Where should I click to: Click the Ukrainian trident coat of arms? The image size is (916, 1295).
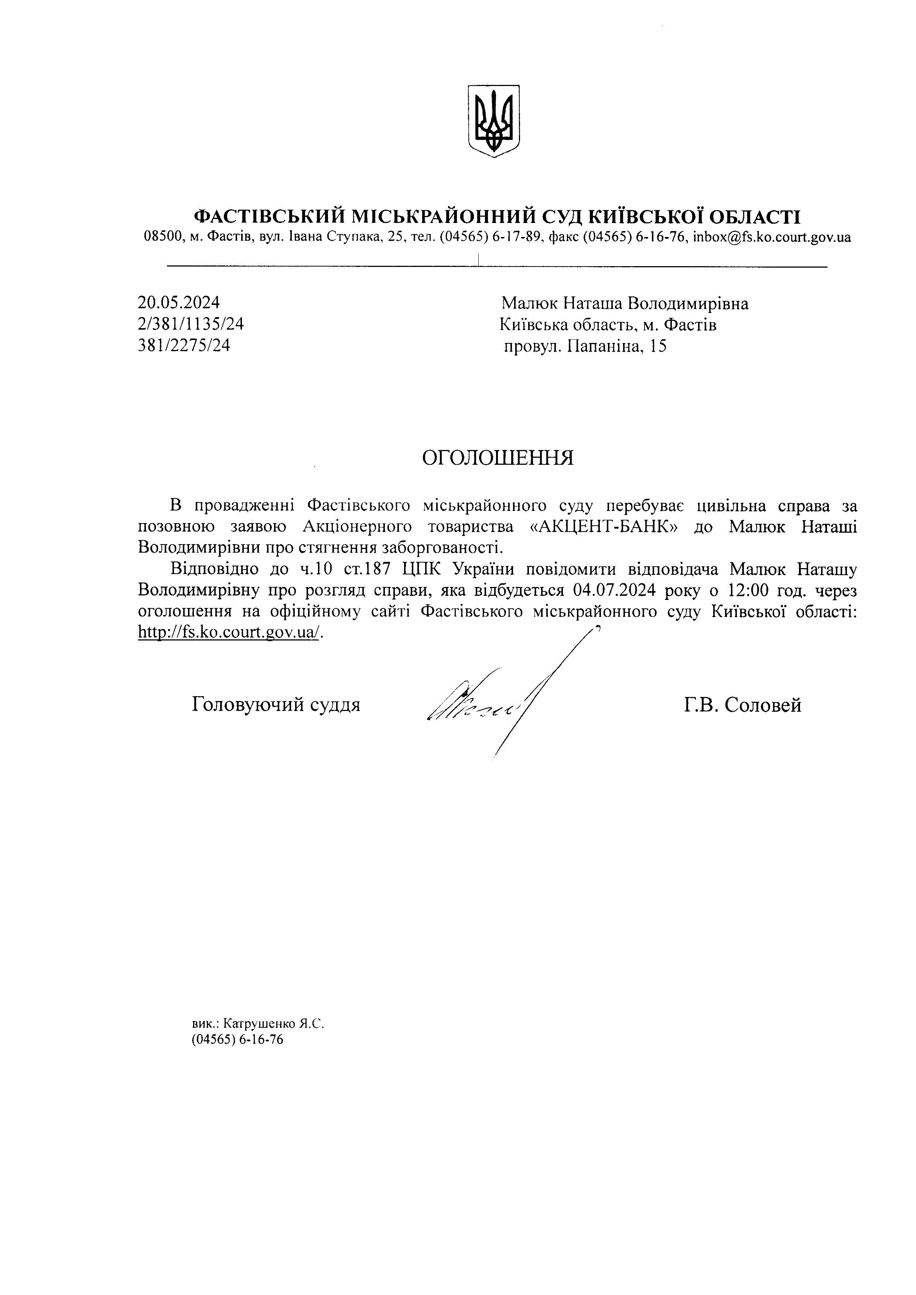tap(493, 121)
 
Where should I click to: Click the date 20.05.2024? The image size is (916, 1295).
tap(178, 303)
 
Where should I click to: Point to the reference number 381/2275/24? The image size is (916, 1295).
tap(184, 345)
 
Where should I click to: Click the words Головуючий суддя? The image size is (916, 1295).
tap(276, 704)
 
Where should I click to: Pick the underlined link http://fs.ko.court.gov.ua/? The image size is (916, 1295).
tap(230, 633)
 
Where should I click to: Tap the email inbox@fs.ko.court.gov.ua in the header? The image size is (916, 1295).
tap(772, 237)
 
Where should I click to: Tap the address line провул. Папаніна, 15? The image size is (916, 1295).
tap(585, 346)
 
